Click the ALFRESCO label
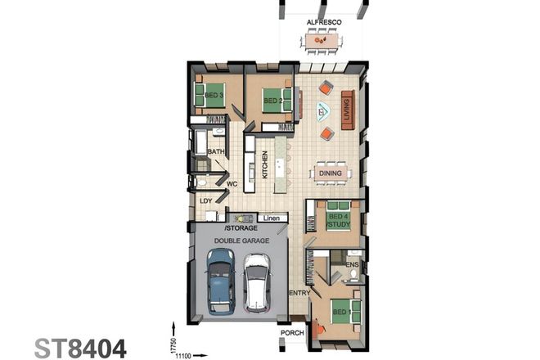point(322,22)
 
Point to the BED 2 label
point(272,102)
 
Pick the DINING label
point(331,173)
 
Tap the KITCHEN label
point(265,165)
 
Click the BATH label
point(216,152)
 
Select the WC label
point(232,184)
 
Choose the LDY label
point(206,200)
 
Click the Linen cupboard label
point(272,218)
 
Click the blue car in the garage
point(220,281)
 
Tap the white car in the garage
point(257,282)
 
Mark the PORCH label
point(293,332)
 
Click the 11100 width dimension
point(182,356)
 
